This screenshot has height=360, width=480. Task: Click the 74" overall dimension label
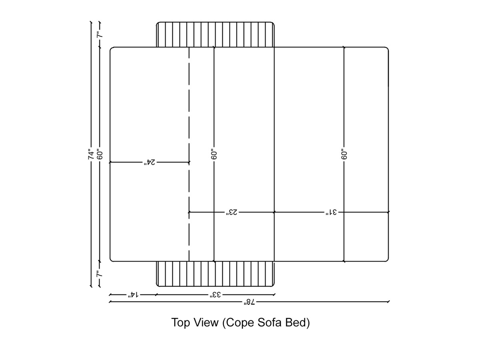point(92,154)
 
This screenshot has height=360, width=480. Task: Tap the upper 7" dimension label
point(100,35)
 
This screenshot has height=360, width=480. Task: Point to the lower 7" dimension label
point(100,274)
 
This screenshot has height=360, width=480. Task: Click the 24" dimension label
point(150,162)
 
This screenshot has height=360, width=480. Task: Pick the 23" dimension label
point(232,212)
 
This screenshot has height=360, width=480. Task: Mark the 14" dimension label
point(133,295)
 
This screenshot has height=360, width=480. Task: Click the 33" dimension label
point(215,295)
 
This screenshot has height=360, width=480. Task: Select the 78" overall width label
point(248,302)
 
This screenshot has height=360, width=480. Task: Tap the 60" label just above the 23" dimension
point(214,155)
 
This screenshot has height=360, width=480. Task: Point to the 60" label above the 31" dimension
point(344,155)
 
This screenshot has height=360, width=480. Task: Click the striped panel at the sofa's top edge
point(215,35)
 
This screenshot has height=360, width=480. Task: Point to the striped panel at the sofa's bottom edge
point(215,274)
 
